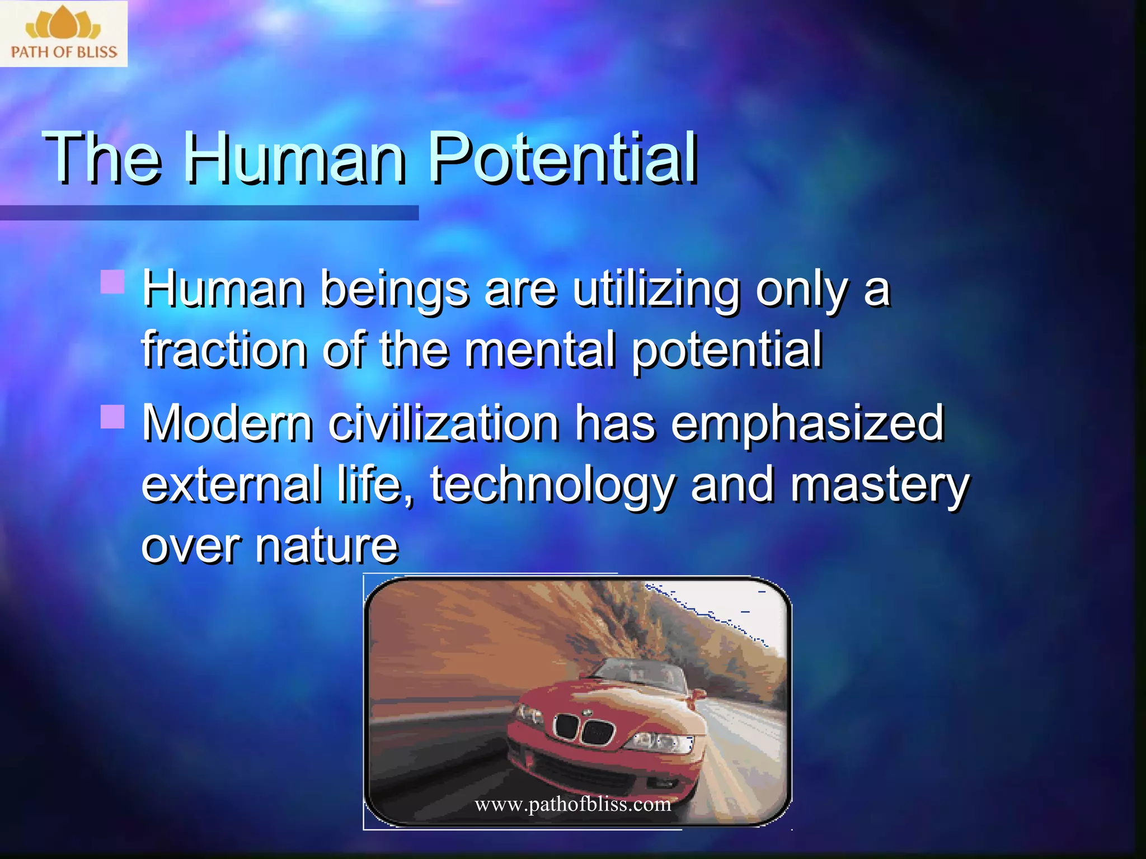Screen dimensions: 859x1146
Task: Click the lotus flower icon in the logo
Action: point(63,23)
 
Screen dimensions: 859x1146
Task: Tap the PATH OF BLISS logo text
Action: point(64,53)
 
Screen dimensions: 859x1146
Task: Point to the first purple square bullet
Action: point(112,281)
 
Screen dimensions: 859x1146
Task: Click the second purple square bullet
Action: point(112,416)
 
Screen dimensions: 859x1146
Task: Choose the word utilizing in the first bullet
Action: point(656,290)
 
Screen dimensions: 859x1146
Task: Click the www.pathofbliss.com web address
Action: point(572,804)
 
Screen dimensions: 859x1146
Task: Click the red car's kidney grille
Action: point(584,728)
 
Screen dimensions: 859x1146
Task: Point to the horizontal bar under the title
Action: point(209,213)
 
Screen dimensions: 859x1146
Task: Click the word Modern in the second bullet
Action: point(227,423)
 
